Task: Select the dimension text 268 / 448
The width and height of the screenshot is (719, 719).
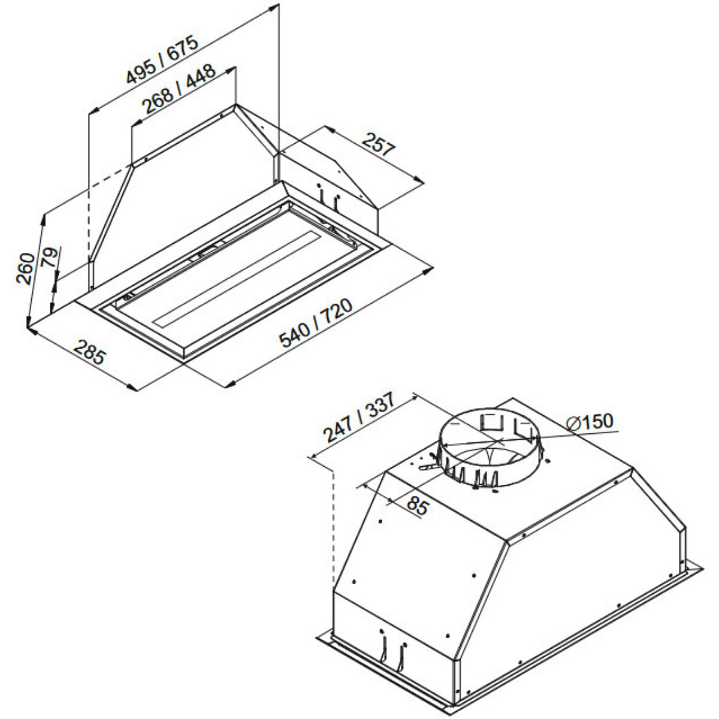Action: click(180, 89)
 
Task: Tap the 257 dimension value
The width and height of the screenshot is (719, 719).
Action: click(378, 144)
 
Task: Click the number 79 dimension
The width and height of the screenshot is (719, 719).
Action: click(50, 257)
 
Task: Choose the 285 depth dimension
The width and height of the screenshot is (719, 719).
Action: click(89, 352)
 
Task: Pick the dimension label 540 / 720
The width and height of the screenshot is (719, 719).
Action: click(316, 323)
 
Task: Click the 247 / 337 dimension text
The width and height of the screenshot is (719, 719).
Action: click(358, 417)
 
